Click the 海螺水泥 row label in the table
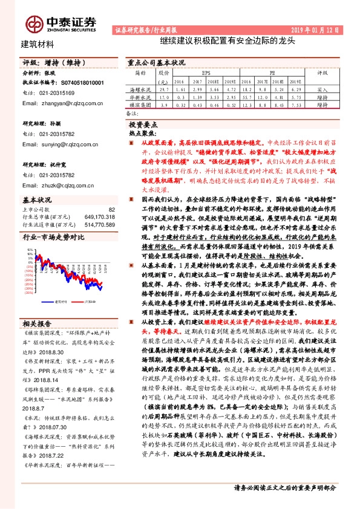coord(140,89)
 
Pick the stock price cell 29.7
coord(163,89)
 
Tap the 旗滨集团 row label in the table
coord(140,105)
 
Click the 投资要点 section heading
coord(143,123)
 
